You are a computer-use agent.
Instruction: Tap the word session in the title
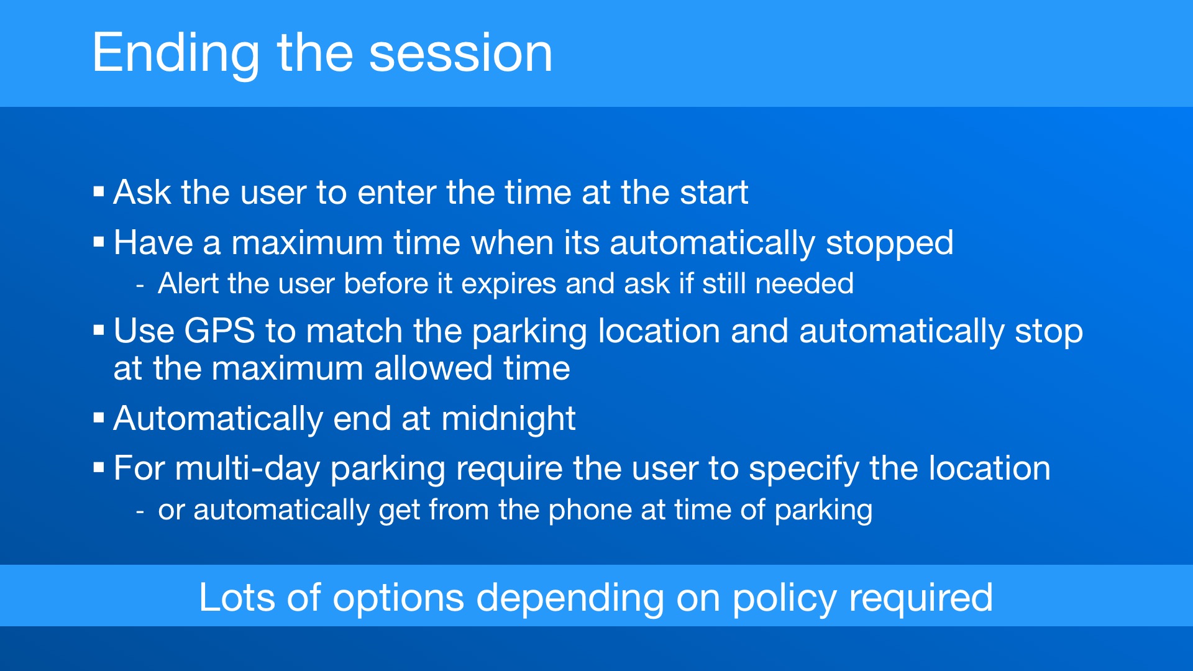[460, 53]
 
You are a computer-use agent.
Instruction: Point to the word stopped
[889, 244]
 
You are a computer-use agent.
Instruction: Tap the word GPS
[219, 331]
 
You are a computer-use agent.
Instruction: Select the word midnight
[508, 419]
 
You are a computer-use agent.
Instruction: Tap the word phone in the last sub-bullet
[590, 511]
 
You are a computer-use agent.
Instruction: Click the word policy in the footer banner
[785, 600]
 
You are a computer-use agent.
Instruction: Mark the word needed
[804, 284]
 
